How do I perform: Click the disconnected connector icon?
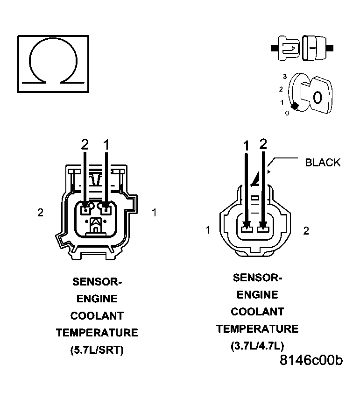[302, 48]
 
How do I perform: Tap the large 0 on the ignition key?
[318, 98]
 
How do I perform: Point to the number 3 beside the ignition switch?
[284, 76]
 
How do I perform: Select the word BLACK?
[323, 163]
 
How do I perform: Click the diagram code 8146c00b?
[311, 360]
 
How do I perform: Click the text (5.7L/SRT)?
[97, 350]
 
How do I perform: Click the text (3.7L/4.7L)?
[257, 346]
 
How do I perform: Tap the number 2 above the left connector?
[85, 145]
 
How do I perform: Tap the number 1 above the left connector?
[106, 145]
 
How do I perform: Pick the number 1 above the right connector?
[246, 146]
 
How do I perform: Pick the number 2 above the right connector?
[263, 144]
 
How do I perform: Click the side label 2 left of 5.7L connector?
[41, 213]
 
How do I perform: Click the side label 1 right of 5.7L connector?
[155, 213]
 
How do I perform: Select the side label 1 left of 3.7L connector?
[208, 230]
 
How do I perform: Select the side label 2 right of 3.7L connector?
[306, 230]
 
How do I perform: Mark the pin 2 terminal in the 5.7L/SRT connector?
[85, 209]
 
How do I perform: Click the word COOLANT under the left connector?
[97, 316]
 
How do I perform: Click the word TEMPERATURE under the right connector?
[257, 329]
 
